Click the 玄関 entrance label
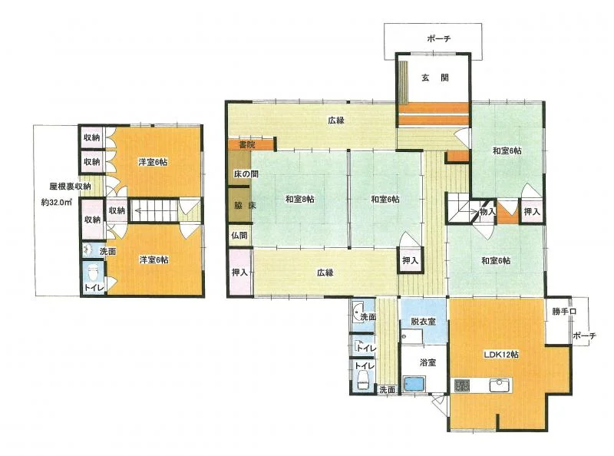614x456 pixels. pyautogui.click(x=434, y=78)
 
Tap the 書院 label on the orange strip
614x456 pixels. pyautogui.click(x=247, y=144)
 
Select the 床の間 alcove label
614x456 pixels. pyautogui.click(x=246, y=173)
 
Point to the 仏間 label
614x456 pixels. pyautogui.click(x=239, y=236)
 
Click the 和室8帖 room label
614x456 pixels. pyautogui.click(x=299, y=199)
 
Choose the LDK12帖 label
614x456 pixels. pyautogui.click(x=502, y=354)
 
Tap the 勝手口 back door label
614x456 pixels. pyautogui.click(x=564, y=312)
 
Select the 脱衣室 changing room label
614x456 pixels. pyautogui.click(x=423, y=321)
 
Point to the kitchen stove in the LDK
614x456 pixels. pyautogui.click(x=462, y=385)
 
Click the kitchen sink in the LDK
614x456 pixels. pyautogui.click(x=500, y=385)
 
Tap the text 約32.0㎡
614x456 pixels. pyautogui.click(x=56, y=203)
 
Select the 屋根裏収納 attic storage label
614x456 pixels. pyautogui.click(x=70, y=187)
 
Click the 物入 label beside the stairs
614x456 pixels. pyautogui.click(x=488, y=212)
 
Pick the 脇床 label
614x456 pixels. pyautogui.click(x=245, y=205)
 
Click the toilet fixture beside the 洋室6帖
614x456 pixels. pyautogui.click(x=92, y=273)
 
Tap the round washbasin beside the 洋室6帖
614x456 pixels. pyautogui.click(x=87, y=249)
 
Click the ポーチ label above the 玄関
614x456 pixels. pyautogui.click(x=438, y=38)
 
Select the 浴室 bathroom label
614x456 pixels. pyautogui.click(x=427, y=362)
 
